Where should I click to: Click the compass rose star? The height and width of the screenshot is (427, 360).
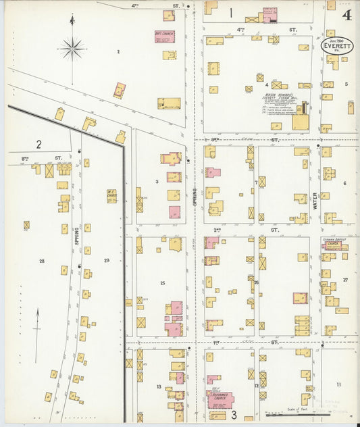(x=72, y=48)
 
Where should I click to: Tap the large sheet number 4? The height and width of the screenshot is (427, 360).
(x=346, y=16)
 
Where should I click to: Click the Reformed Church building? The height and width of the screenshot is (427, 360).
(x=221, y=399)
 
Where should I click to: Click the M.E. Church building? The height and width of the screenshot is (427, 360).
(x=112, y=196)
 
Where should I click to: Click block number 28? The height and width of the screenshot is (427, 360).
(x=41, y=261)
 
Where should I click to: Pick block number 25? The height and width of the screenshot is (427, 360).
(x=162, y=282)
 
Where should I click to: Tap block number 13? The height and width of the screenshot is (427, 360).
(x=159, y=387)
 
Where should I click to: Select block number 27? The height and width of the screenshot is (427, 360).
(x=344, y=279)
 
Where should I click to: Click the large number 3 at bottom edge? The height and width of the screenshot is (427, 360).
(x=234, y=414)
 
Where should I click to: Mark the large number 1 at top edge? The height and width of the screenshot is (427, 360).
(x=230, y=12)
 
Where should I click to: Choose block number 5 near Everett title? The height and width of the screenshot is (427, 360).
(x=346, y=84)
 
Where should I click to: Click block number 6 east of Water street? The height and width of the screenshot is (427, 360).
(x=344, y=183)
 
